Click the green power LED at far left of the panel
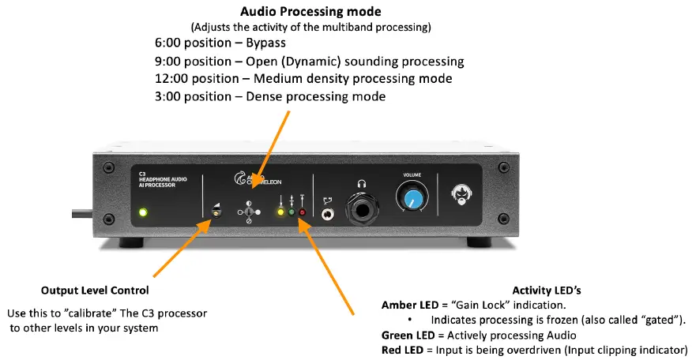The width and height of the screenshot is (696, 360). pos(142,212)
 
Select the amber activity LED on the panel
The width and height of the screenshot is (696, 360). pos(279,212)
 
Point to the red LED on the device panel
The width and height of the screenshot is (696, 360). pos(302,212)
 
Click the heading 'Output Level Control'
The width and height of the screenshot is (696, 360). pos(94,291)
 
